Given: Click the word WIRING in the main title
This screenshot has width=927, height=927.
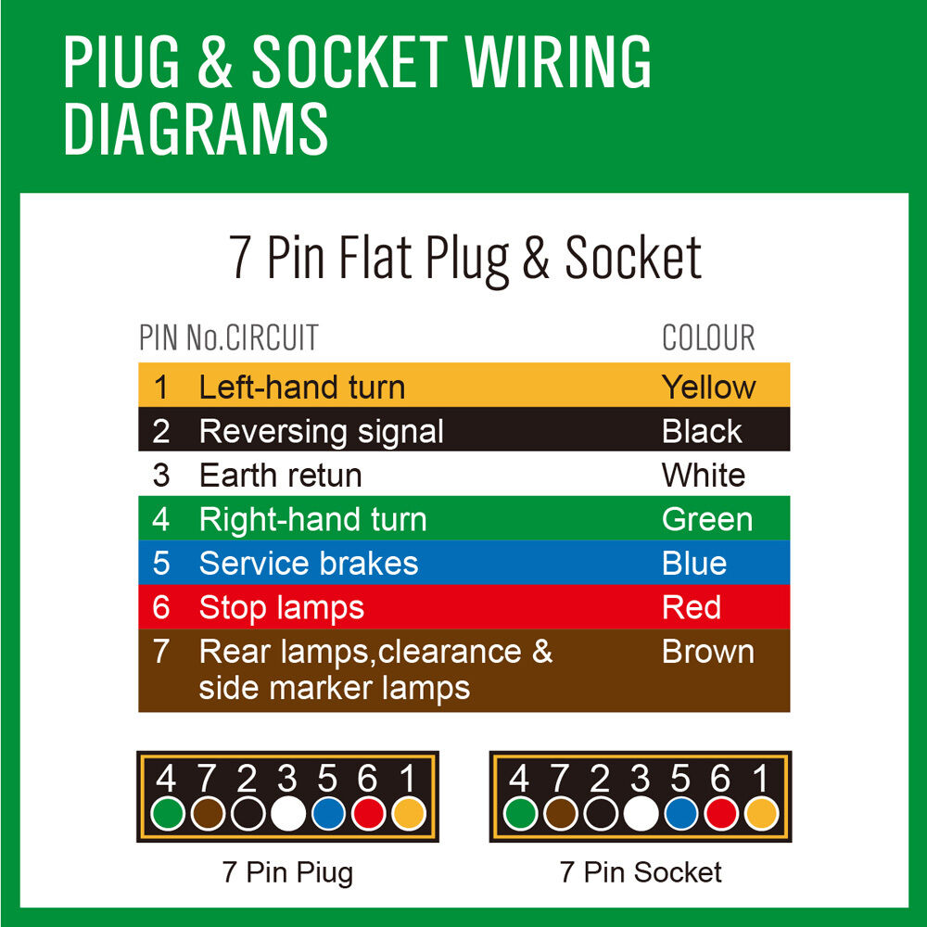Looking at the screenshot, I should click(558, 63).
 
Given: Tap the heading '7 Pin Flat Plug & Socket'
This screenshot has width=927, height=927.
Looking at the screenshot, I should click(464, 259).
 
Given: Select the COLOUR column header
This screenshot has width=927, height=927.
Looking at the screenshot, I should click(708, 338).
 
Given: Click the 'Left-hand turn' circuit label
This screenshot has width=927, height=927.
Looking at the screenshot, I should click(301, 387).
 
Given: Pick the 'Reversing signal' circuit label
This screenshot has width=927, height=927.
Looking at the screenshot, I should click(321, 431).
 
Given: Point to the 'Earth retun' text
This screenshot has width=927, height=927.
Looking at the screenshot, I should click(280, 476).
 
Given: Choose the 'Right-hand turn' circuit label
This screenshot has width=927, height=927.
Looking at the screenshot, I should click(312, 519).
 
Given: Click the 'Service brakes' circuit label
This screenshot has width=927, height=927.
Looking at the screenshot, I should click(308, 564).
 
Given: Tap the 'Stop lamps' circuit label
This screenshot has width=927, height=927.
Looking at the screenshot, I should click(281, 608).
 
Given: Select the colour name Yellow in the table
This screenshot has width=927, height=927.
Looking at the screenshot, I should click(708, 387).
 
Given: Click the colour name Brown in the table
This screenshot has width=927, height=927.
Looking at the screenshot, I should click(707, 652).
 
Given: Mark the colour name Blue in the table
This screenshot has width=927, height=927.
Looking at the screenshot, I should click(693, 564).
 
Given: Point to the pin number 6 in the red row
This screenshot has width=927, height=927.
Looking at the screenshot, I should click(161, 608).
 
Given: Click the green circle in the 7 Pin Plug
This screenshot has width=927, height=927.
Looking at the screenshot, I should click(168, 814).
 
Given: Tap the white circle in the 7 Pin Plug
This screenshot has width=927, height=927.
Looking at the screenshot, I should click(288, 814).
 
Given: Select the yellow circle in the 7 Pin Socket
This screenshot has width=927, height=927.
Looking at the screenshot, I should click(761, 814).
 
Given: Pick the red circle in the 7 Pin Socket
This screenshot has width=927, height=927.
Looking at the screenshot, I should click(721, 814).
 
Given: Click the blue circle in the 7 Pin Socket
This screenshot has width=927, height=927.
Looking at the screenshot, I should click(680, 814).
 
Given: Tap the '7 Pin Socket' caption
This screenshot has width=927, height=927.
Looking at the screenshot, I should click(641, 872).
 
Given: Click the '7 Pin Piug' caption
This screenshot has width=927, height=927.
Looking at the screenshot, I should click(287, 872).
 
